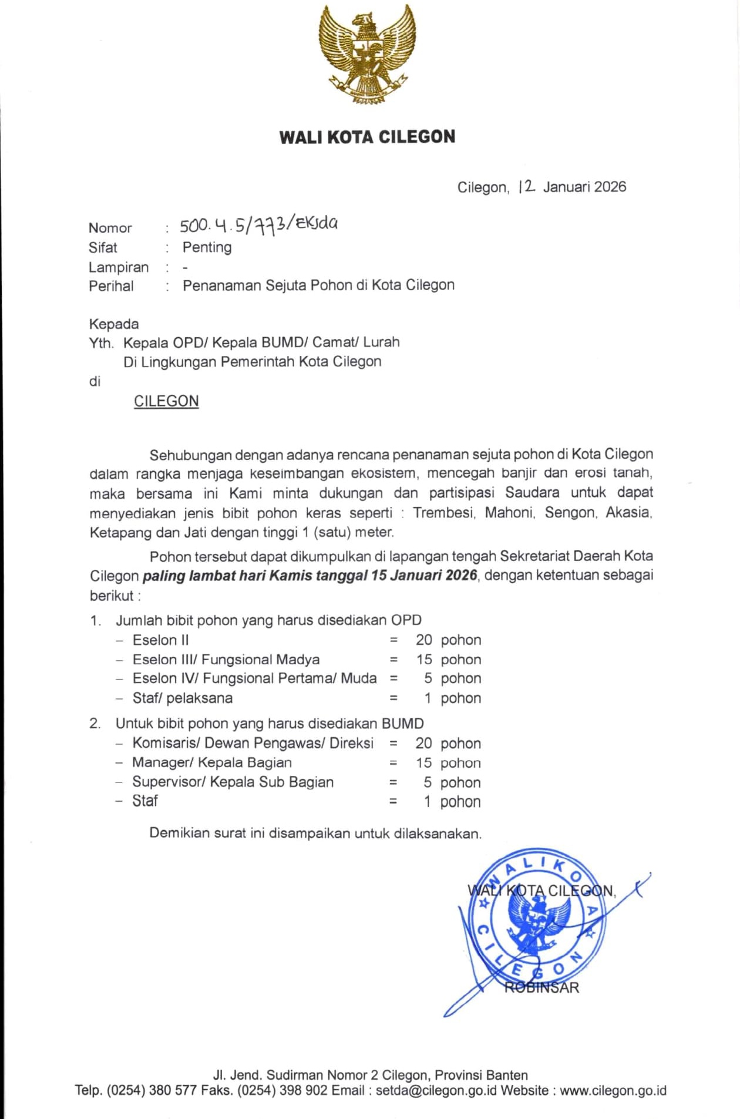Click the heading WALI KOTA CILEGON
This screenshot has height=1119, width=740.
pos(367,137)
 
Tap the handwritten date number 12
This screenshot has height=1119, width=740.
pos(527,186)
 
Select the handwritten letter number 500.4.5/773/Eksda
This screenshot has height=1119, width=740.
pos(258,224)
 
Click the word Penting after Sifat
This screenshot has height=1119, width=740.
pos(207,247)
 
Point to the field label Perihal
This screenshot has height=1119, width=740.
pos(111,286)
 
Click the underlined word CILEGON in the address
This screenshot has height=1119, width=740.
pos(166,401)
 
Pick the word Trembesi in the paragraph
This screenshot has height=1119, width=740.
pos(443,513)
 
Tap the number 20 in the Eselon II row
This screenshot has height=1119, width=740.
pos(423,640)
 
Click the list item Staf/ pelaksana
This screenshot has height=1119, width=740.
pos(182,698)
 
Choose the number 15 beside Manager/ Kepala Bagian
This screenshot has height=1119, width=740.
pos(423,763)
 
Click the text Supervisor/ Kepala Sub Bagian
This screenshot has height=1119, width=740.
pos(233,782)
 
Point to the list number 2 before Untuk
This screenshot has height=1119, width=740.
pos(95,724)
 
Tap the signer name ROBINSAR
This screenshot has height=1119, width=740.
pos(541,987)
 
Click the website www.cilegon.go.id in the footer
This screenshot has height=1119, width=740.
pos(613,1091)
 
